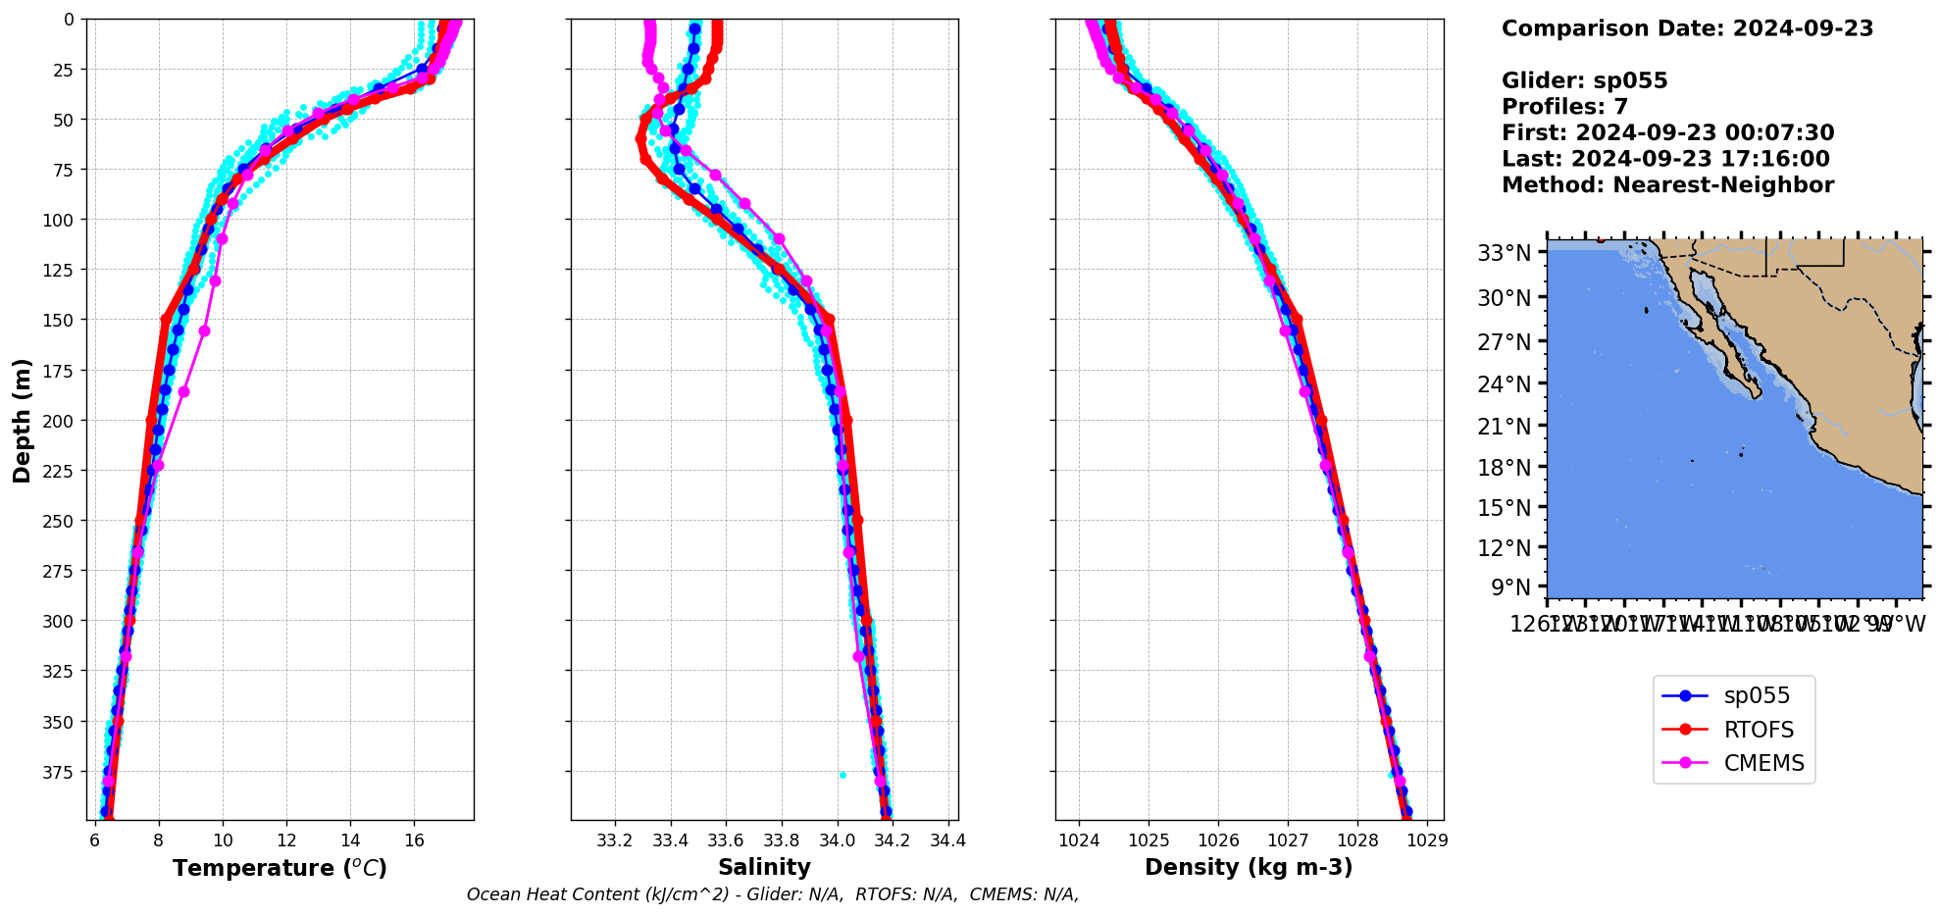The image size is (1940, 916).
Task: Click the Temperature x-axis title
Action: pyautogui.click(x=280, y=868)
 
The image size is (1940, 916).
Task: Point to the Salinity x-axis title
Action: pyautogui.click(x=764, y=867)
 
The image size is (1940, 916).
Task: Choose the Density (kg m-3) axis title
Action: pyautogui.click(x=1249, y=867)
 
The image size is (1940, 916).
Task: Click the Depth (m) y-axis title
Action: pyautogui.click(x=22, y=420)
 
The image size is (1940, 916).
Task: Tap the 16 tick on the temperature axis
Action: pyautogui.click(x=414, y=840)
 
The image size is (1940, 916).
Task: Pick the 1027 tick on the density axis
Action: pyautogui.click(x=1288, y=840)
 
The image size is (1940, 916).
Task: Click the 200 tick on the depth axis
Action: pyautogui.click(x=61, y=421)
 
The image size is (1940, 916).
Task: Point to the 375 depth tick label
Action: pyautogui.click(x=61, y=773)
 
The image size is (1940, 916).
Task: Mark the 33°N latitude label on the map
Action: pyautogui.click(x=1504, y=254)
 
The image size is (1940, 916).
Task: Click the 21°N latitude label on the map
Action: pyautogui.click(x=1504, y=427)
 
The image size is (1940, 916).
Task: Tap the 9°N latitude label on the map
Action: pyautogui.click(x=1510, y=587)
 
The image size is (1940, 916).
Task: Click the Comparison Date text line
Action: pyautogui.click(x=1687, y=28)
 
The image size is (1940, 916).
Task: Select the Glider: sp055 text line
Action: pyautogui.click(x=1584, y=80)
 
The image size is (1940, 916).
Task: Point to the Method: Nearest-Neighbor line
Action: pyautogui.click(x=1667, y=184)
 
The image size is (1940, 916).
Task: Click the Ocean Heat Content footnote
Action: pyautogui.click(x=772, y=894)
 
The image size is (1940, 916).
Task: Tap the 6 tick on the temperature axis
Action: pyautogui.click(x=95, y=840)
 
